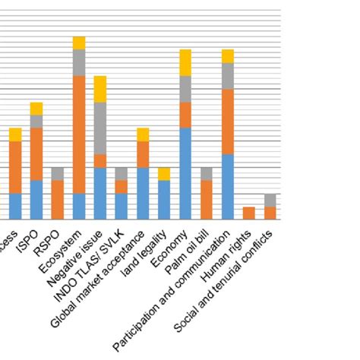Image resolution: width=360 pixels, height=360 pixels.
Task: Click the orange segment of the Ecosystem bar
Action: pos(79,134)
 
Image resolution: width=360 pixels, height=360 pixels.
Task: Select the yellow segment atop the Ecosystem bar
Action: pos(79,43)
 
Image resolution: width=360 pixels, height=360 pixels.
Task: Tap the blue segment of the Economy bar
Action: pos(185,174)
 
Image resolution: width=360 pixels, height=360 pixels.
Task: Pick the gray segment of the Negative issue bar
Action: pos(100,128)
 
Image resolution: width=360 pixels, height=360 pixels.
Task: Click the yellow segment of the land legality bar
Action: pos(164,174)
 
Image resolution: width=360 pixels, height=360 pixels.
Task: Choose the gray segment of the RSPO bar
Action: pos(58,174)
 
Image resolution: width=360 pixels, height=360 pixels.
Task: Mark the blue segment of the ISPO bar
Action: pos(36,200)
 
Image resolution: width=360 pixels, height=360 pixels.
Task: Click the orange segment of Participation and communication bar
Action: pos(228,122)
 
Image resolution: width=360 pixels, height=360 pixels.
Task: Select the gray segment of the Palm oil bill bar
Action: pos(207,174)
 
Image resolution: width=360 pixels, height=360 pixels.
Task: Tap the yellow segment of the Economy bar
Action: pos(185,62)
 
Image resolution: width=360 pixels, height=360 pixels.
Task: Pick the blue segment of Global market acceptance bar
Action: pos(143,194)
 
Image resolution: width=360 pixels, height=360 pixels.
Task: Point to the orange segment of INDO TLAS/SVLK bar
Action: pos(122,187)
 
